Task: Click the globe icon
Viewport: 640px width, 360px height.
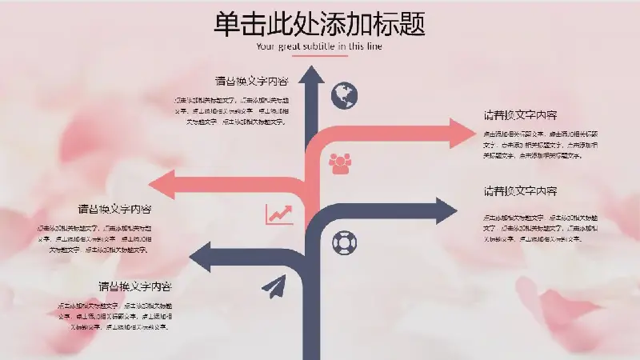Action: click(x=344, y=95)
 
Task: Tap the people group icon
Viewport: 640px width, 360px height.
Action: click(x=340, y=164)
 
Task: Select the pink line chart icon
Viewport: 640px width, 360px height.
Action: click(x=279, y=214)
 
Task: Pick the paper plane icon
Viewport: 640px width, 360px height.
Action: click(x=273, y=287)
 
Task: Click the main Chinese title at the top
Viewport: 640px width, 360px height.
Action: click(x=319, y=23)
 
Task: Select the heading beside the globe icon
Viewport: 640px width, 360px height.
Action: click(x=251, y=81)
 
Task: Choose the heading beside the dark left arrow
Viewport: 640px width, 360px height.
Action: click(x=135, y=286)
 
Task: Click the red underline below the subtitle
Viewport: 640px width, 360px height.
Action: click(x=319, y=56)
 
